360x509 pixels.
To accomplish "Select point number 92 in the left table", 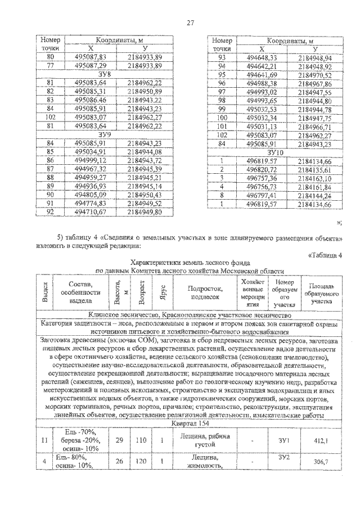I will (x=51, y=212).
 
